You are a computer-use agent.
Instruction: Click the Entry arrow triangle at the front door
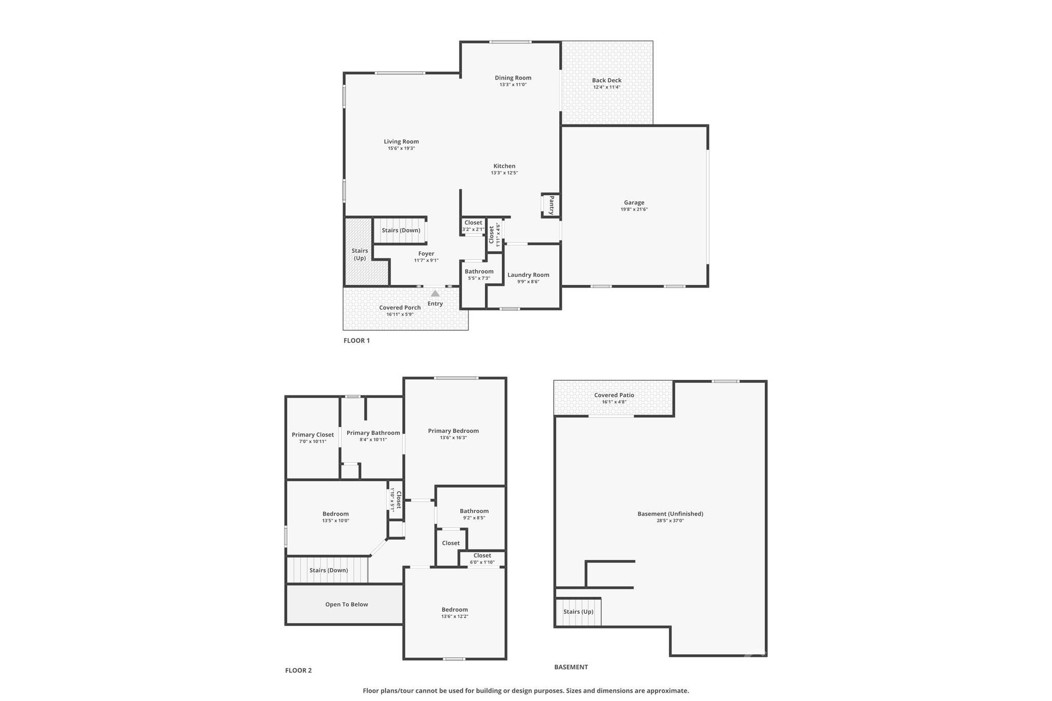[435, 294]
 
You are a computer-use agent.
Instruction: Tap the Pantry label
[551, 205]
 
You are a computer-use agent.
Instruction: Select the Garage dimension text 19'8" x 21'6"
[634, 210]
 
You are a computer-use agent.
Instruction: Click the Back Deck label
[607, 80]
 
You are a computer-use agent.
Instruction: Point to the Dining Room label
[513, 78]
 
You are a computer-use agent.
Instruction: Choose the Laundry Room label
[528, 275]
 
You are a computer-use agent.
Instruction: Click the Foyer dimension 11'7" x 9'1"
[426, 260]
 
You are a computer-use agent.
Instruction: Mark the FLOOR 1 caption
[356, 340]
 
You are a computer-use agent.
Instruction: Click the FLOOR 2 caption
[298, 670]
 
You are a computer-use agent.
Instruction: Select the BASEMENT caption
[571, 667]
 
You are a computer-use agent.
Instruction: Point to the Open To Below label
[346, 604]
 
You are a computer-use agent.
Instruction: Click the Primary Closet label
[312, 435]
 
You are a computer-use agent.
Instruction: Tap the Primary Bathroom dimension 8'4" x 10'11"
[373, 440]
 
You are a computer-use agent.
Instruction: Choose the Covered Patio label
[614, 395]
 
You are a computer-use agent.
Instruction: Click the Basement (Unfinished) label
[670, 514]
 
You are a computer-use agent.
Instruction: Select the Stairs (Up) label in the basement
[578, 612]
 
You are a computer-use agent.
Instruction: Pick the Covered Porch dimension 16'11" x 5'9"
[400, 314]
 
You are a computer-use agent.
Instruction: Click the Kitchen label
[504, 166]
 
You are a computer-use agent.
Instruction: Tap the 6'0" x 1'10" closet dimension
[482, 562]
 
